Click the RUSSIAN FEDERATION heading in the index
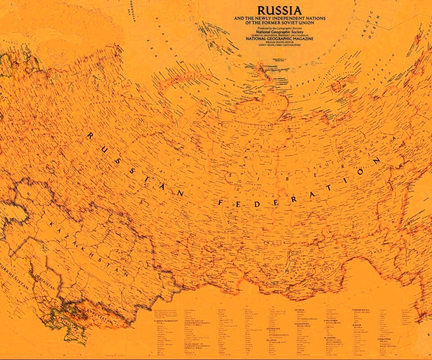point(166,321)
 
